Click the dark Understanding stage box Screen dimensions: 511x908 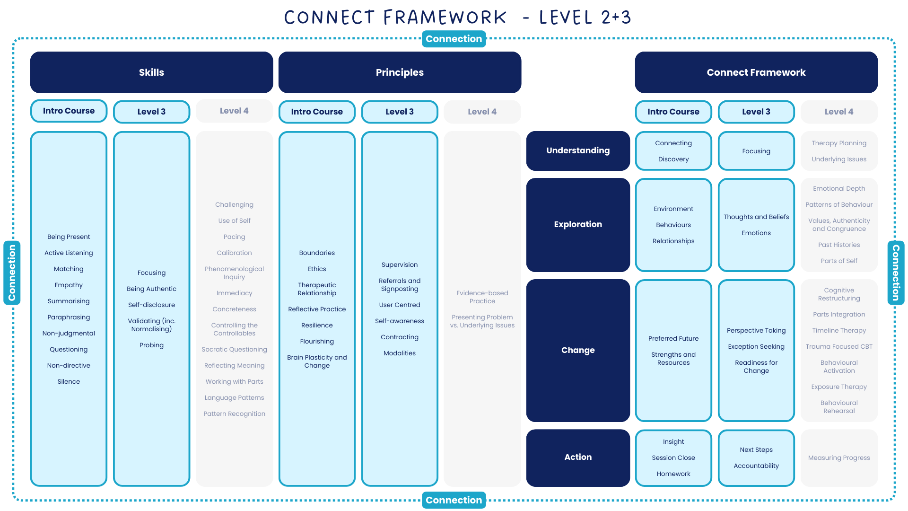point(578,150)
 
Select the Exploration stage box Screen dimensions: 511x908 point(578,224)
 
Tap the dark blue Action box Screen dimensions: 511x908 point(578,457)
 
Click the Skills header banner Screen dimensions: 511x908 point(151,72)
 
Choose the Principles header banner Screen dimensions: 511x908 point(400,72)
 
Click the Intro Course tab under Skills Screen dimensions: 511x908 point(69,111)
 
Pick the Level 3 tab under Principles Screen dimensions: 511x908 point(400,112)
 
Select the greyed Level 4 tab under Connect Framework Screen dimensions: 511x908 point(839,112)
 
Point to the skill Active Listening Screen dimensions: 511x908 point(69,253)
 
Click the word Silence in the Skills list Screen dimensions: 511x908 point(69,381)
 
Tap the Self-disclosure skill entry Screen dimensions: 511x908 point(151,305)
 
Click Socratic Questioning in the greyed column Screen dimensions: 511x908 point(234,349)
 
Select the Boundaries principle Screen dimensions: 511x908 point(317,253)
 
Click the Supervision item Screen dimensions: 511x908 point(400,264)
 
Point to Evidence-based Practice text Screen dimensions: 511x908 point(482,297)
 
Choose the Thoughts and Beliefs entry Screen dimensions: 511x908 point(756,217)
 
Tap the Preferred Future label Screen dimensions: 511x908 point(673,338)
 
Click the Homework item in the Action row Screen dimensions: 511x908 point(673,474)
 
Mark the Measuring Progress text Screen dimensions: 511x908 point(839,458)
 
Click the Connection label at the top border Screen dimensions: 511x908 point(454,39)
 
